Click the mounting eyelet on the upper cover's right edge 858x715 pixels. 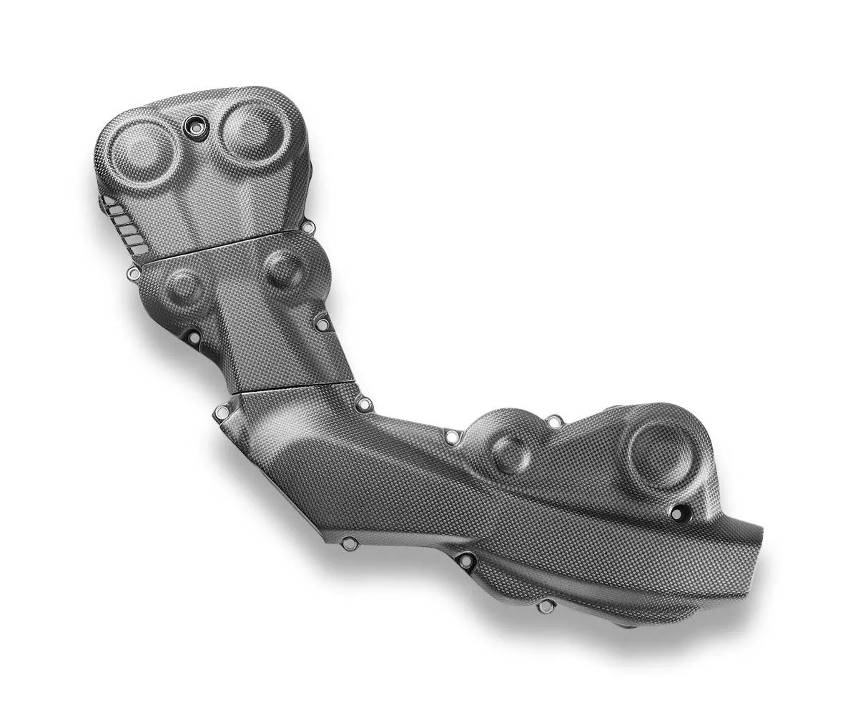click(x=308, y=227)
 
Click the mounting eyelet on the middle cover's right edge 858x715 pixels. click(x=322, y=325)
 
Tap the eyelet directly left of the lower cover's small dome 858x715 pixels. click(x=452, y=436)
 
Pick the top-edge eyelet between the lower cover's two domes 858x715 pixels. click(x=553, y=423)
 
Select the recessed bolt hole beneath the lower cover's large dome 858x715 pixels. click(x=677, y=513)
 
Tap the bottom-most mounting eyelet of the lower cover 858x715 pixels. click(x=546, y=606)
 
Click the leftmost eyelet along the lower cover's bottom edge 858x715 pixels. click(x=349, y=544)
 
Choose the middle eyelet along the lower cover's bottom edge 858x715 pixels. click(x=465, y=561)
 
